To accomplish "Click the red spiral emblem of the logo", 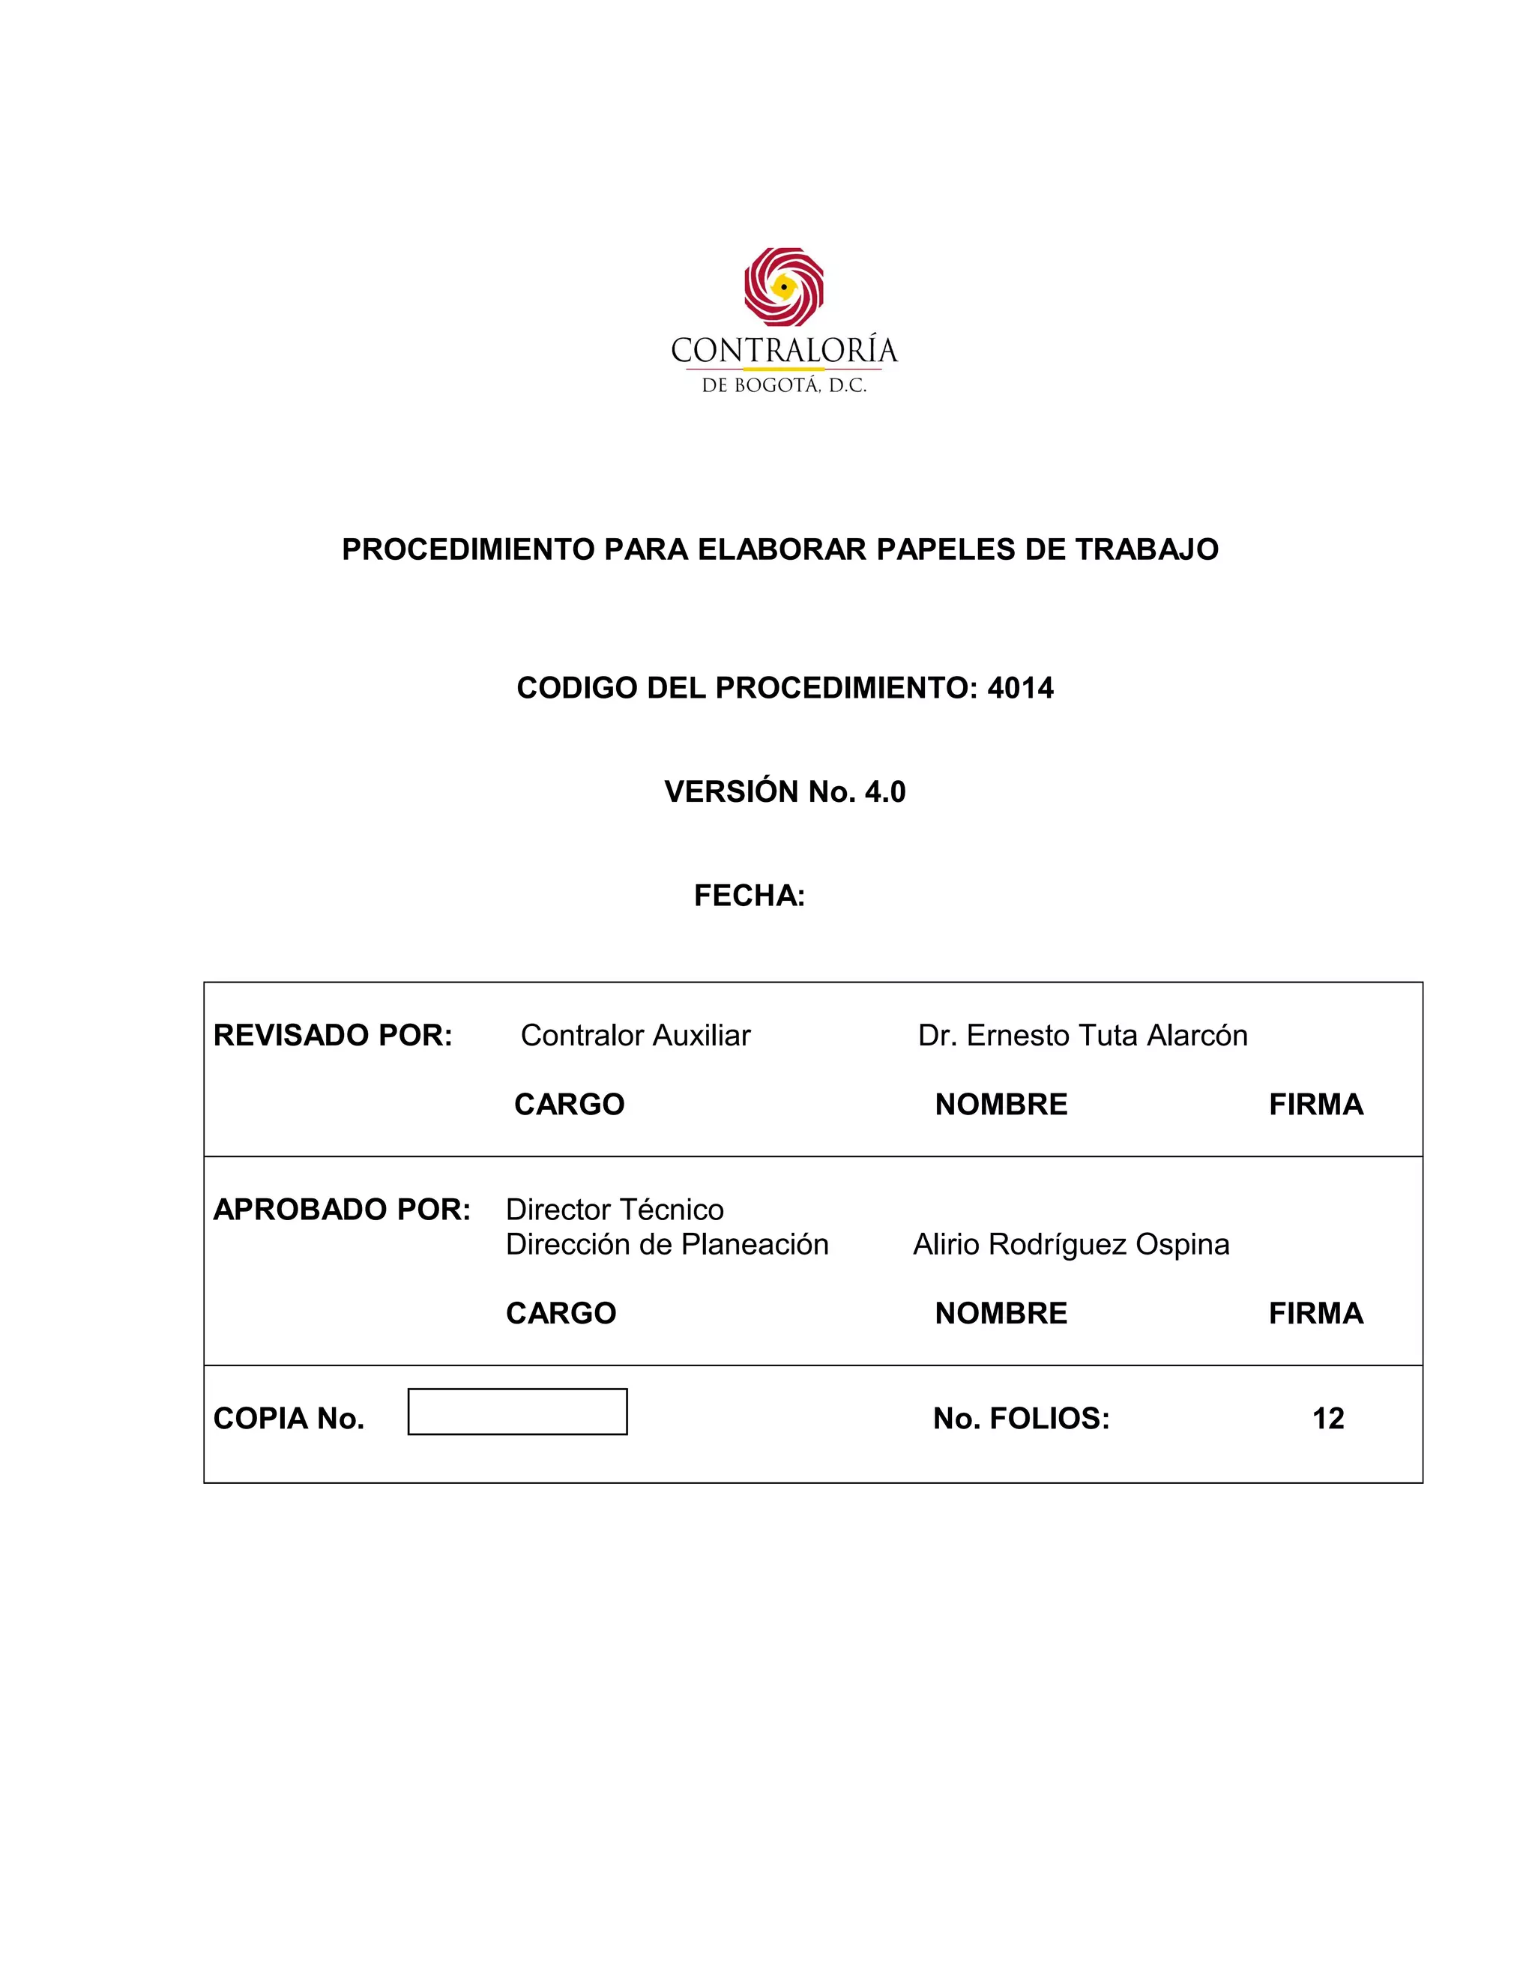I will [783, 286].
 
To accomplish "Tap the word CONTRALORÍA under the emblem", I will [784, 351].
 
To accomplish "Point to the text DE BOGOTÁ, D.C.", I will [784, 385].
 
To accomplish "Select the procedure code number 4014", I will [1020, 689].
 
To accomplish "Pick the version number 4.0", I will [885, 792].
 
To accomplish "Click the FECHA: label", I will [750, 896].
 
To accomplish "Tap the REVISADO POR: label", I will [333, 1036].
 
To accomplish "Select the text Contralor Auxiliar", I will [636, 1036].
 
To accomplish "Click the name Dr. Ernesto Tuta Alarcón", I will [1082, 1036].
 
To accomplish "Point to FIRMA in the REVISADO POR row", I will [1316, 1105].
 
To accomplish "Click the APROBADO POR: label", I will [342, 1210].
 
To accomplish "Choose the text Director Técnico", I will [615, 1210].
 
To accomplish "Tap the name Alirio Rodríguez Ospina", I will [1071, 1244].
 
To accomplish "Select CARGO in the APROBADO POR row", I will [561, 1313].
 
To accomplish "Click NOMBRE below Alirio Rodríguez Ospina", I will [1001, 1313].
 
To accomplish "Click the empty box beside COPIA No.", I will [517, 1411].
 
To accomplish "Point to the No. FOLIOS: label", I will [1022, 1419].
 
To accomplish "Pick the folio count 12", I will [1327, 1419].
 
